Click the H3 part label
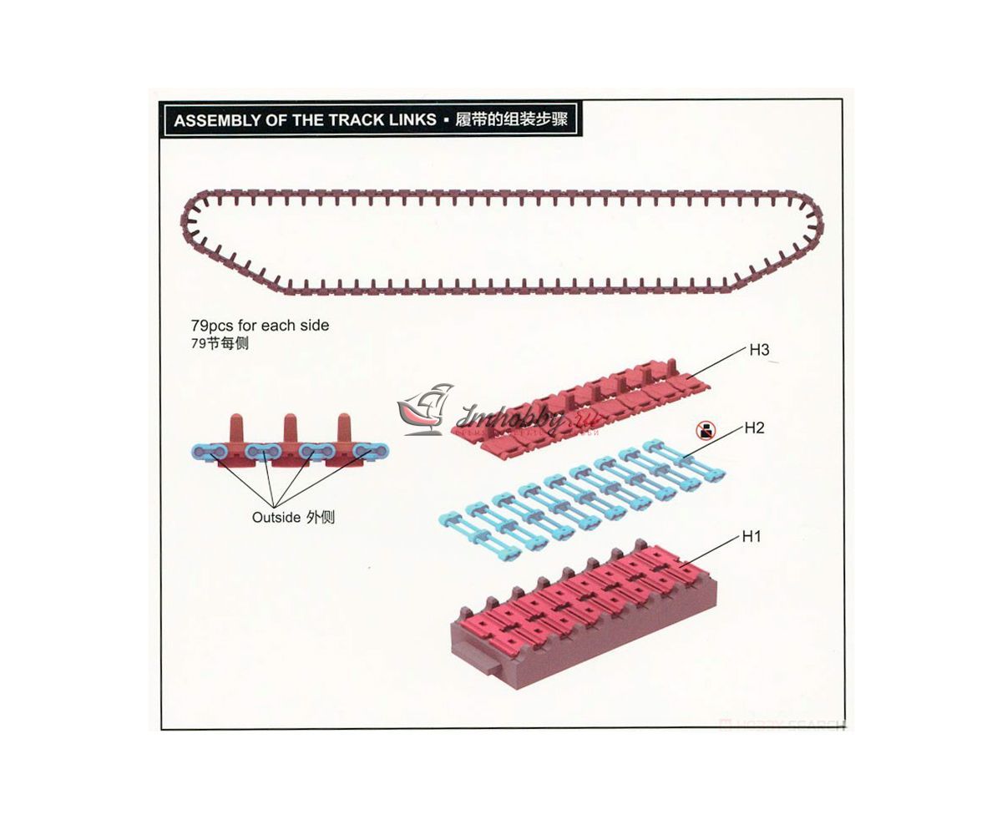click(759, 351)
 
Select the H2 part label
click(754, 428)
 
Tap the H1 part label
click(751, 537)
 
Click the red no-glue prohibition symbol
click(706, 431)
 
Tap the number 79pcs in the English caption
click(213, 326)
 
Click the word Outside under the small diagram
click(276, 518)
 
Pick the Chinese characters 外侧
click(321, 518)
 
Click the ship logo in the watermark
click(426, 409)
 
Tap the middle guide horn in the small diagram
click(290, 428)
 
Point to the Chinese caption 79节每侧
click(220, 343)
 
